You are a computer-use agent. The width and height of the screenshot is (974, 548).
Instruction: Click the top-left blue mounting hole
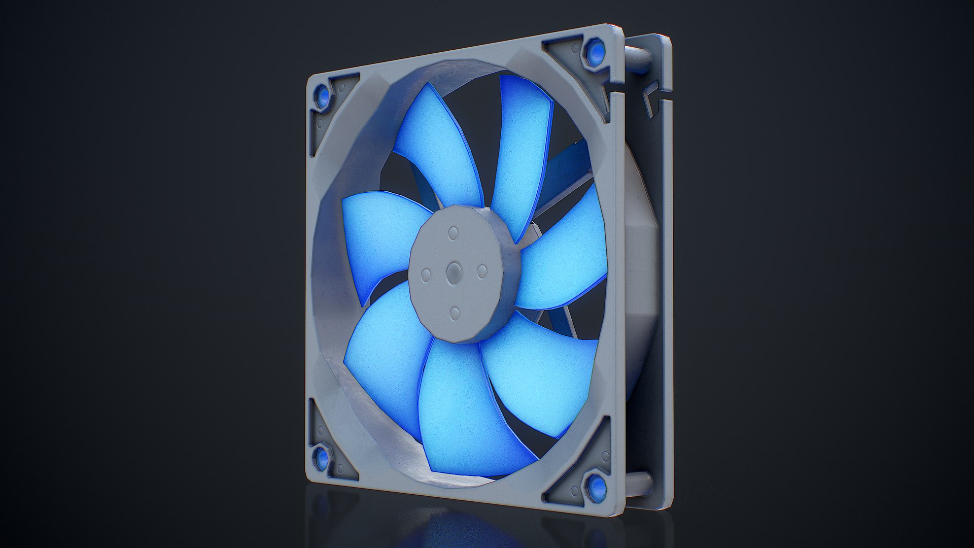322,95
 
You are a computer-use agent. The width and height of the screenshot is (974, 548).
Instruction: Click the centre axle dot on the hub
453,274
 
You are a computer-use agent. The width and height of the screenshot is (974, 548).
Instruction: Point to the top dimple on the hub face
453,233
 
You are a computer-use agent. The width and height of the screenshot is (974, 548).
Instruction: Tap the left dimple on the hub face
426,275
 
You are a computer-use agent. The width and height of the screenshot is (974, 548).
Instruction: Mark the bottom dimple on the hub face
455,313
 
